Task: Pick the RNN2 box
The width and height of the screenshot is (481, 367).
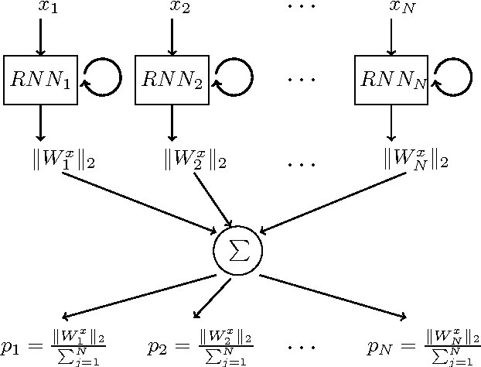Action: coord(172,79)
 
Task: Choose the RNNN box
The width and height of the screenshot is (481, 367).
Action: coord(392,79)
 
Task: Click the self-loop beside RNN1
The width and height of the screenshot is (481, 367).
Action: coord(102,78)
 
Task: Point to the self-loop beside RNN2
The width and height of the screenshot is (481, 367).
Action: coord(234,78)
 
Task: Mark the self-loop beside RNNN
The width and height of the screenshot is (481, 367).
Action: coord(453,78)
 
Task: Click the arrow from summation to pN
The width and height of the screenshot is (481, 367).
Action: coord(333,296)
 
